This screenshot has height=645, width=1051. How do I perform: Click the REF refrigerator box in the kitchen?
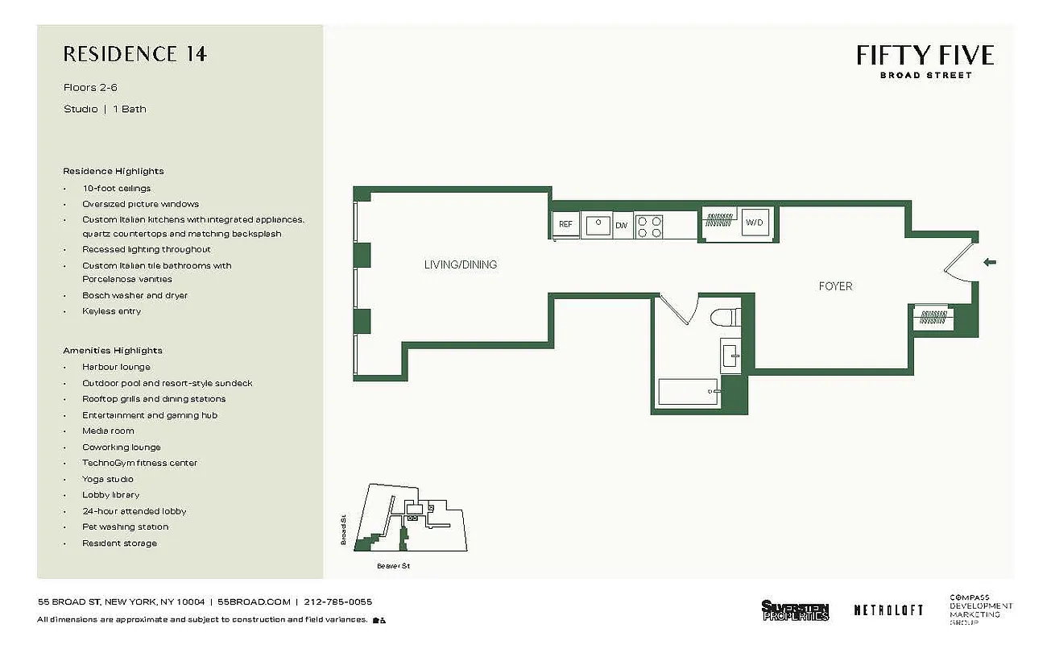[565, 224]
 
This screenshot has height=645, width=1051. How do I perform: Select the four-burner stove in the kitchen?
[649, 225]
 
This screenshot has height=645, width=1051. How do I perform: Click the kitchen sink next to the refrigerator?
[598, 225]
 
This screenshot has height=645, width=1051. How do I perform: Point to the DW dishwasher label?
[622, 225]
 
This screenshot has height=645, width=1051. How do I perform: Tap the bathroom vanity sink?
[730, 353]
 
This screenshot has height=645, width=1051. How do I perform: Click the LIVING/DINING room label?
[461, 264]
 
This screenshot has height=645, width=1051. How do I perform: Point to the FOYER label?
[835, 286]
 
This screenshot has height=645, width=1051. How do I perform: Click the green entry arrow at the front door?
[990, 262]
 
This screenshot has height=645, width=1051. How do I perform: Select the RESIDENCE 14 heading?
[135, 55]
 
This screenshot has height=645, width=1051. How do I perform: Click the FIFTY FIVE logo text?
[925, 55]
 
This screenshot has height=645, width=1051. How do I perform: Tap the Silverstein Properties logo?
[795, 610]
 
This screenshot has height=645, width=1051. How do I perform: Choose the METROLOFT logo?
[888, 610]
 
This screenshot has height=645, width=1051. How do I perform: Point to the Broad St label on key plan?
[343, 531]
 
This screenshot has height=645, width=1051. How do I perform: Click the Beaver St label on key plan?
[394, 567]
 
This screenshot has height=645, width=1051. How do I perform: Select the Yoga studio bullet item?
[108, 479]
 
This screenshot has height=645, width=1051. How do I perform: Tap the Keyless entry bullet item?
[111, 311]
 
